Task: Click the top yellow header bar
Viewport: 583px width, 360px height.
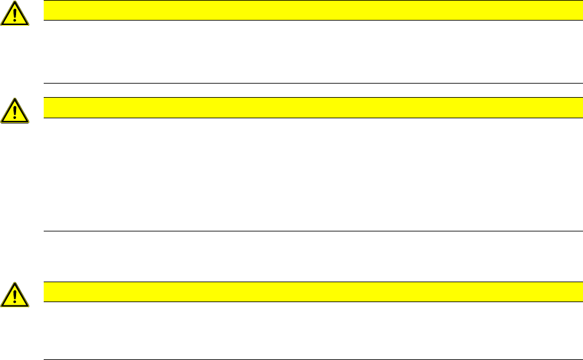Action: tap(309, 10)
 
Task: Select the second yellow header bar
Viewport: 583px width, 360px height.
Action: tap(309, 107)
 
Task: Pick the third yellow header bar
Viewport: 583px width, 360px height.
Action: tap(309, 292)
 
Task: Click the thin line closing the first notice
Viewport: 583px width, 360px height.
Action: tap(309, 83)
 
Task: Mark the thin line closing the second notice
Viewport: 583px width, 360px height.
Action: tap(309, 231)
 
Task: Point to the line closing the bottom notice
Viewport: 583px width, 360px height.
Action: tap(309, 359)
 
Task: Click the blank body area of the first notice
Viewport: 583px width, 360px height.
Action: tap(309, 51)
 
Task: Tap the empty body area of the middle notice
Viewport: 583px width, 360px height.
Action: tap(309, 174)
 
